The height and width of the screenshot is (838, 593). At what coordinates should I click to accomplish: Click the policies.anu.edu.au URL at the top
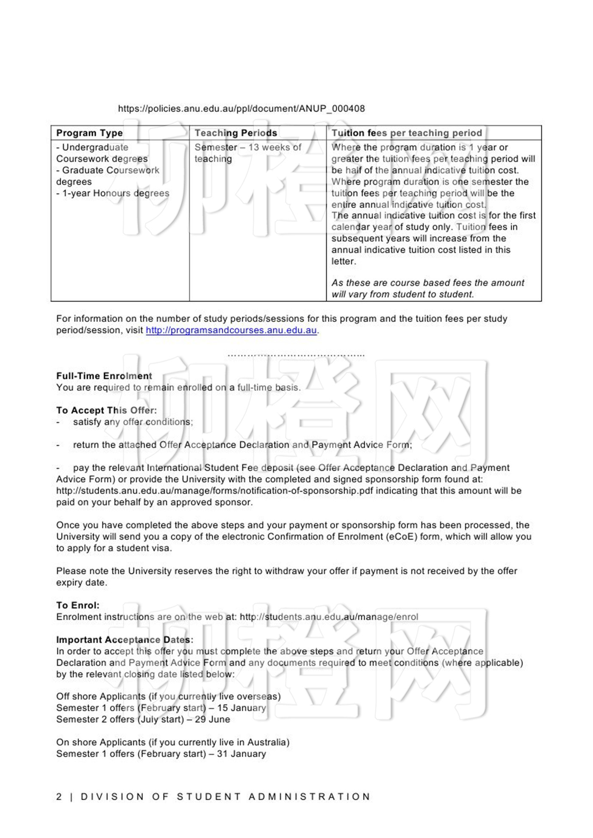coord(241,108)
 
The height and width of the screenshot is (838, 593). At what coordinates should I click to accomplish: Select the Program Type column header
coord(89,133)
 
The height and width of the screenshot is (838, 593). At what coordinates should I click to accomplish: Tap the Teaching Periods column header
coord(236,133)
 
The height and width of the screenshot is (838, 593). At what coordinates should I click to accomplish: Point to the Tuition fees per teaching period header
coord(407,133)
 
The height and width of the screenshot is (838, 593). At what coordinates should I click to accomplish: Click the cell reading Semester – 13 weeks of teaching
coord(247,153)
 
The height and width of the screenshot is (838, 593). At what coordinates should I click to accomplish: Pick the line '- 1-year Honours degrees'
coord(113,193)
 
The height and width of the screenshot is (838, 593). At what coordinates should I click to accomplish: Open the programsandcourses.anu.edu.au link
coord(231,330)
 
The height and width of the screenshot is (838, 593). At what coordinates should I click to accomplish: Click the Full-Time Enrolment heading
coord(104,376)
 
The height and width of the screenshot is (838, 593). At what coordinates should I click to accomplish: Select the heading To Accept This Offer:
coord(106,410)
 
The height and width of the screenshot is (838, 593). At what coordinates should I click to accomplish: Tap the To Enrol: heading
coord(78,605)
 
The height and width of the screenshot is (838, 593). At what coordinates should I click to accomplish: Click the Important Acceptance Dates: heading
coord(125,640)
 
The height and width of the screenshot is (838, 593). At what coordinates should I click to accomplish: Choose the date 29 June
coord(212,719)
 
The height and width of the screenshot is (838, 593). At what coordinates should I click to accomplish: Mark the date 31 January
coord(241,754)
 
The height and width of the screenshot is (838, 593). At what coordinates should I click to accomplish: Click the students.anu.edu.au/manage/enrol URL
coord(329,617)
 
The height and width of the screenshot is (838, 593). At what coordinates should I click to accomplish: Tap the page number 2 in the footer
coord(59,797)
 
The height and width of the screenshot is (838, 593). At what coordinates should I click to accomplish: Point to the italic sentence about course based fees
coord(427,289)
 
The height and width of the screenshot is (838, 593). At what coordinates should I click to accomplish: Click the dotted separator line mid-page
coord(296,355)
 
